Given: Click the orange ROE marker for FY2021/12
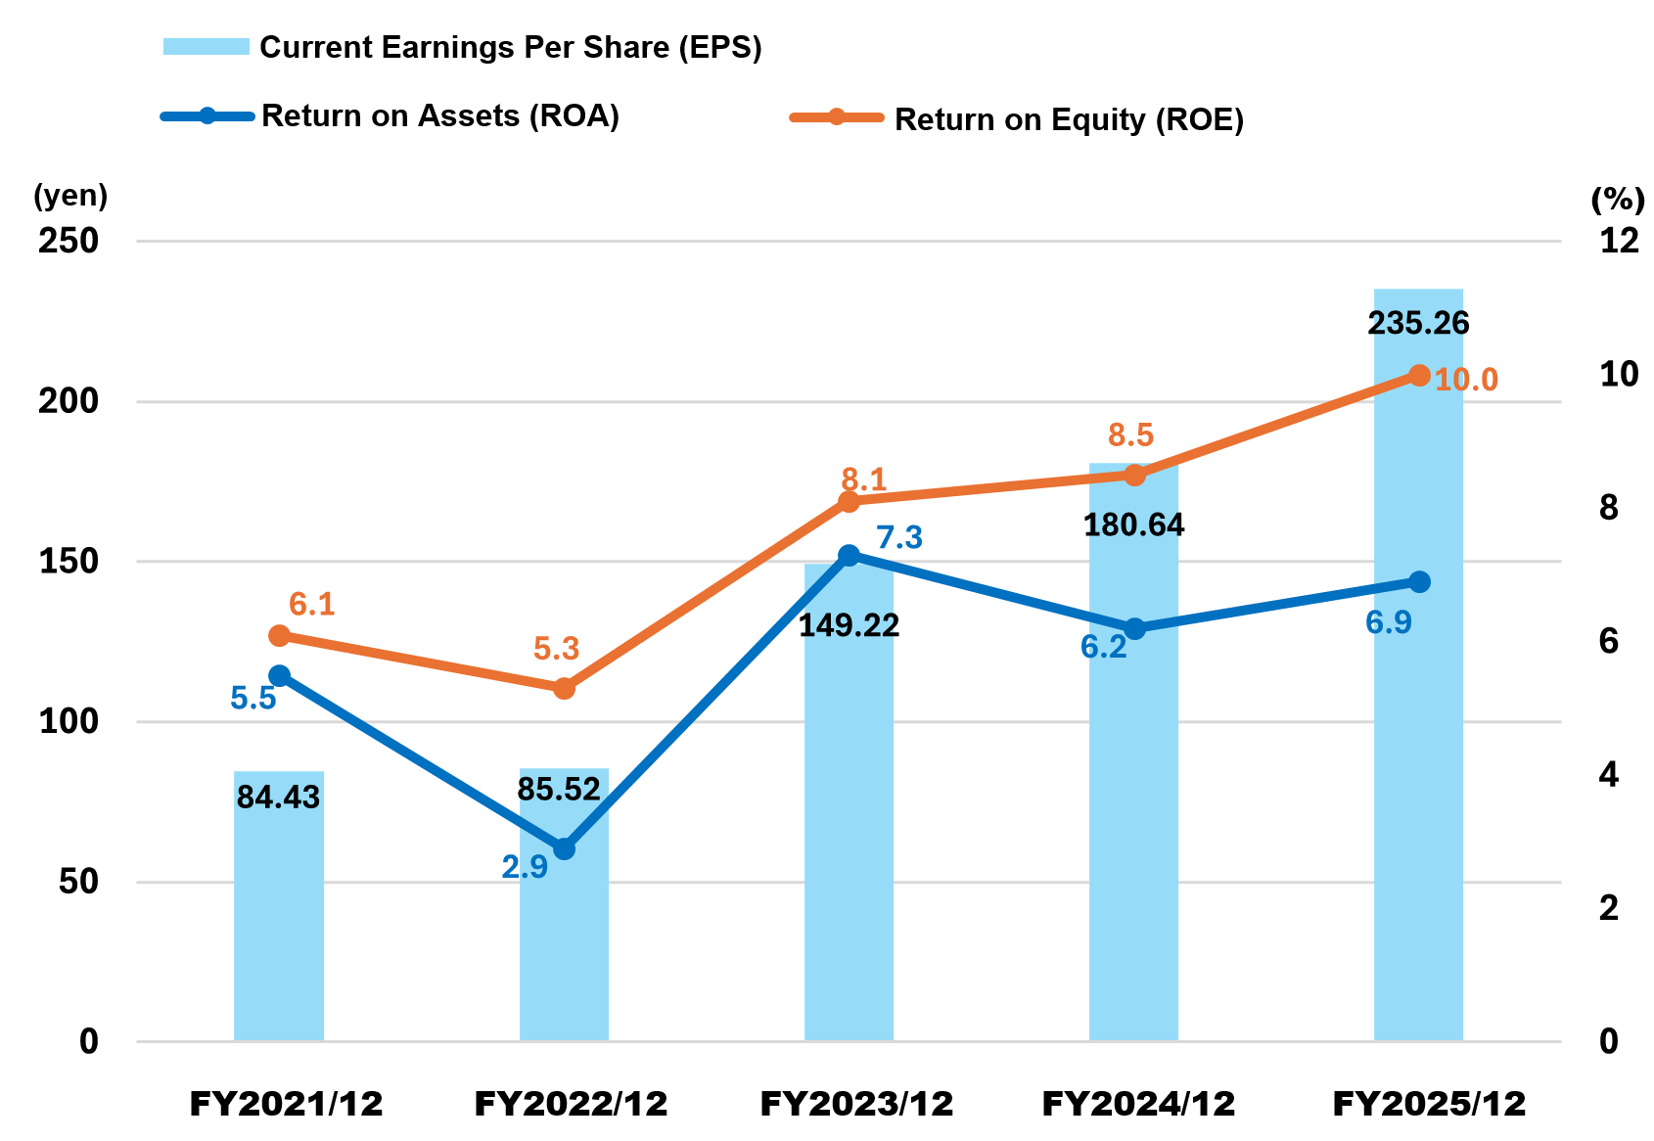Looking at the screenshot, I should (x=279, y=636).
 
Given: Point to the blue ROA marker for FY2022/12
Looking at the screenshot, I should (x=564, y=848).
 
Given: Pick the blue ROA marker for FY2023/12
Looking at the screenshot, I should (x=850, y=556).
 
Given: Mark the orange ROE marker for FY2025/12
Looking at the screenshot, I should (x=1419, y=375).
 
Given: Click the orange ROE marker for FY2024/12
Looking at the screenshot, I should (x=1134, y=476).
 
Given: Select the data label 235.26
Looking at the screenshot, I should (x=1418, y=323).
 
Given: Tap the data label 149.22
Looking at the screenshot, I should (x=850, y=625).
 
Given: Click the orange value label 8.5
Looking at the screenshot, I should (x=1130, y=434).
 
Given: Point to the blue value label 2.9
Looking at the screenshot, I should (x=525, y=867).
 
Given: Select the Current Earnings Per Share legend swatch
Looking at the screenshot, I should (x=207, y=47).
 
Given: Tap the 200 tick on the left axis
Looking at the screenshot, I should (x=69, y=401).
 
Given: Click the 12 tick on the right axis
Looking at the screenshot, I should (x=1619, y=241).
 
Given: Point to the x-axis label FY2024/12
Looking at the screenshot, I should (x=1138, y=1104).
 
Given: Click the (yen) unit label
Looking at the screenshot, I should (x=70, y=196).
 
